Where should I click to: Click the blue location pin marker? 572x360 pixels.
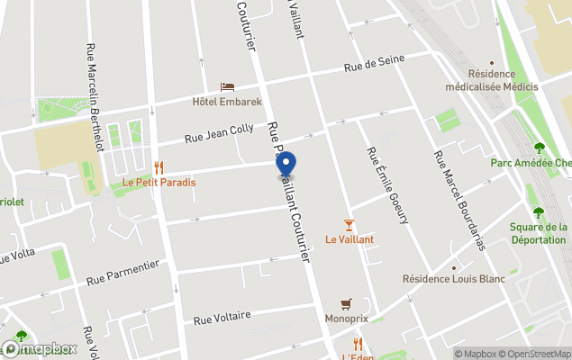286,165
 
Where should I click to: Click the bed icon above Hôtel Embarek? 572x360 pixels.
227,86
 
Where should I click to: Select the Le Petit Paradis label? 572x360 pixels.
159,182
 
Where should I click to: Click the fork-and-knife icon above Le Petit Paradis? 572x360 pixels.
159,166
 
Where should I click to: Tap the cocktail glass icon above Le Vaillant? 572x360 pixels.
350,224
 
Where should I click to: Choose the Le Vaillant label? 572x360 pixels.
350,239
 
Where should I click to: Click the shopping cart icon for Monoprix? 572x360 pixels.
346,304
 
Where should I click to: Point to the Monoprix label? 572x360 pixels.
346,319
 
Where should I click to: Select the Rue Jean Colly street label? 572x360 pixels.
219,134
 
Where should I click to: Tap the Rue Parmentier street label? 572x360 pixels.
123,273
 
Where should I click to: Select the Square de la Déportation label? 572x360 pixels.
539,234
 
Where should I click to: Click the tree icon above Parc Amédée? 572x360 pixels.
540,148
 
